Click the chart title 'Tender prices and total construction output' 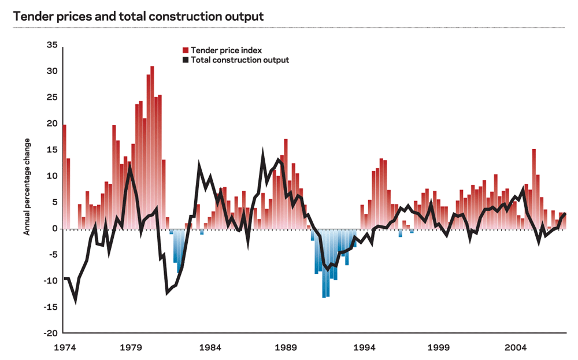tap(138, 16)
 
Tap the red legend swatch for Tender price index tap(186, 50)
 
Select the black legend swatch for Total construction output tap(186, 60)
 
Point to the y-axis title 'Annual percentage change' tap(27, 187)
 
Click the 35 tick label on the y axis tap(51, 44)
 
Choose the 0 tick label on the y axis tap(54, 229)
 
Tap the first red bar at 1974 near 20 tap(64, 173)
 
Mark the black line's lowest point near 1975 tap(75, 300)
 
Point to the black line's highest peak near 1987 tap(263, 155)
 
